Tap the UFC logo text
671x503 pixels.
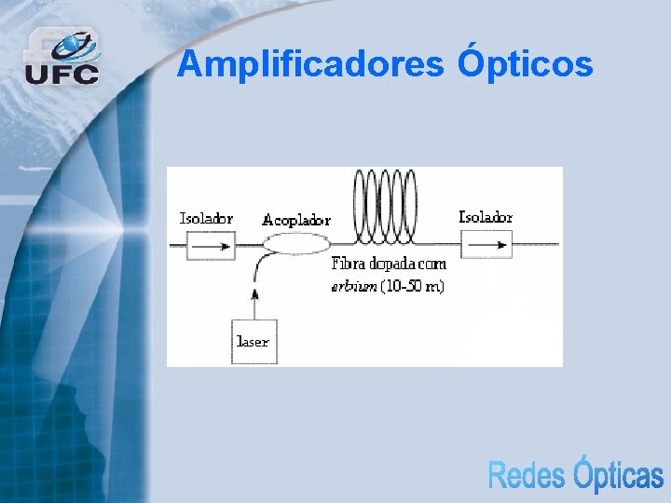[62, 74]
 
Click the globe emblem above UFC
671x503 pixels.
[74, 45]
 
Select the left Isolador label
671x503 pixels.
[206, 219]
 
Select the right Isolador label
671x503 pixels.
[486, 217]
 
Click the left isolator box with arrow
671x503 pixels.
[211, 246]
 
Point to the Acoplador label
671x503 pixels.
[296, 220]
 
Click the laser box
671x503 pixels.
[253, 342]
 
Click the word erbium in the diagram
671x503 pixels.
[354, 286]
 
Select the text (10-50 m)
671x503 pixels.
[412, 286]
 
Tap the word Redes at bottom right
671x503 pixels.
[526, 476]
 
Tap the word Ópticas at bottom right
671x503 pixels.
[617, 474]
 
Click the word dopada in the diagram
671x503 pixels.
[390, 266]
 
